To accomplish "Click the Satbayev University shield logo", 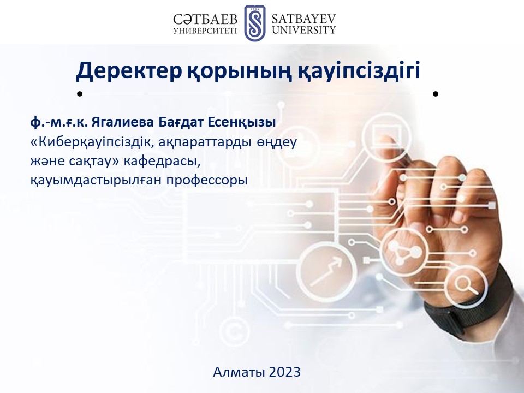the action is (255, 23).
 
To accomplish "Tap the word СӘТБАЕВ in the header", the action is (205, 20).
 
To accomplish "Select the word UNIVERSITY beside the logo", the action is (303, 30).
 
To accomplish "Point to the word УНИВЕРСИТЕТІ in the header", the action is (205, 31).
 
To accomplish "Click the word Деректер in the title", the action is (129, 70).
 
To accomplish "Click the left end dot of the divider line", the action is (80, 94).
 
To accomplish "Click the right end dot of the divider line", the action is (435, 94).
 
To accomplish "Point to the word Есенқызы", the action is (242, 123).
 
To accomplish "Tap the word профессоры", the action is (207, 181).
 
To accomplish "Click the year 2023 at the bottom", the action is (284, 372).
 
